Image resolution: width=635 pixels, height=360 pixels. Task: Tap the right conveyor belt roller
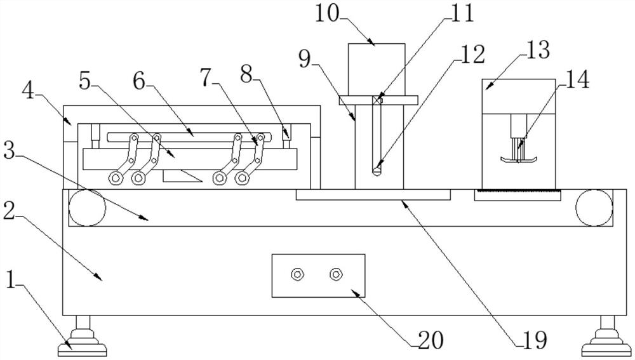594,207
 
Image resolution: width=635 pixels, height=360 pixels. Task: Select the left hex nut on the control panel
297,274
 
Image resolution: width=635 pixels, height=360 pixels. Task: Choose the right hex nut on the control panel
336,274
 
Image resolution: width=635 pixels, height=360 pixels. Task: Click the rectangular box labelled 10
377,69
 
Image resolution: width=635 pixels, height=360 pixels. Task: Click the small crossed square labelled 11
378,99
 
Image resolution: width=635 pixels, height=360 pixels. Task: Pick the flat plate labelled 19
373,194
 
